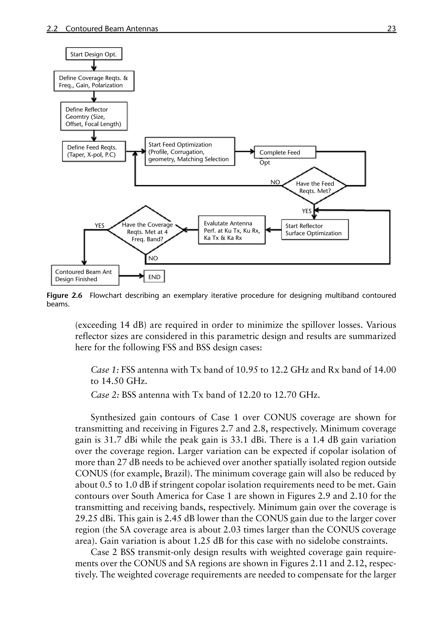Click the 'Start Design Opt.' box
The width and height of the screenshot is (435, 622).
coord(94,54)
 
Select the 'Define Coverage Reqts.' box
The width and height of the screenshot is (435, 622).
coord(94,81)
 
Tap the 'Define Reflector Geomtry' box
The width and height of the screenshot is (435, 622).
coord(94,116)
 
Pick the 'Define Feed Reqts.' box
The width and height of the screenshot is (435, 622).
coord(94,151)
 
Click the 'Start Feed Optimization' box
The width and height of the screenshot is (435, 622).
coord(189,152)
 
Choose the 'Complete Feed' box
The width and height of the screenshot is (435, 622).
coord(285,152)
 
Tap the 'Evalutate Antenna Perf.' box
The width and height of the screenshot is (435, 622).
coord(232,230)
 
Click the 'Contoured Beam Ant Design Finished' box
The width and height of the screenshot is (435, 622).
coord(85,275)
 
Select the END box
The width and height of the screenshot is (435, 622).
coord(154,277)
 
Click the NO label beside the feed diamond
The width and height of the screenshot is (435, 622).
coord(275,182)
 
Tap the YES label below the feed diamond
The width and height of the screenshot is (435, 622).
coord(306,211)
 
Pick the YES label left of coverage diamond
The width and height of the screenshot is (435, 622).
coord(99,225)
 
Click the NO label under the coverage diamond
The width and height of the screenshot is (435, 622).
coord(153,258)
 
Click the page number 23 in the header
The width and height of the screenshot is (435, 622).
coord(391,28)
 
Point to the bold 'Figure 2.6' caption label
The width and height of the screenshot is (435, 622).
coord(64,295)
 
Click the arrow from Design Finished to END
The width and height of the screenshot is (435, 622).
coord(131,276)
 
